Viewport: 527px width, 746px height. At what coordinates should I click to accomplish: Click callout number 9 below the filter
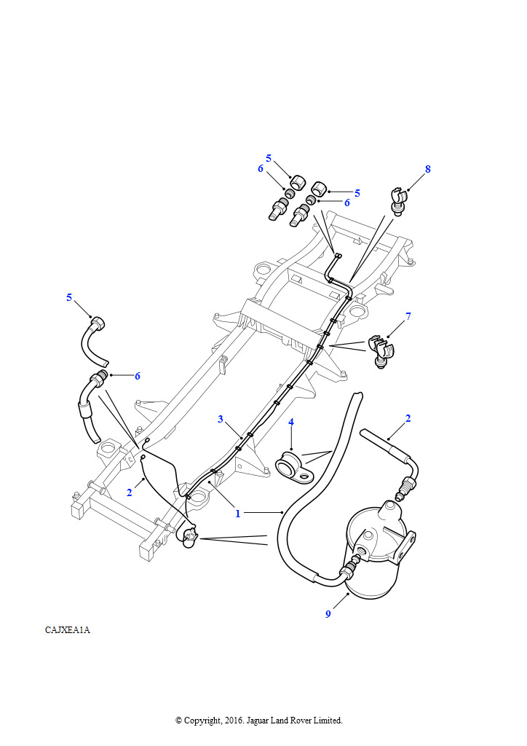(x=328, y=614)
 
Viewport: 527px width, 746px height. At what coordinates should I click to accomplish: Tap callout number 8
(x=428, y=169)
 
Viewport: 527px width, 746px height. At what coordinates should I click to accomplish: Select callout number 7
(x=408, y=316)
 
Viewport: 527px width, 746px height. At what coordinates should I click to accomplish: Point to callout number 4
(x=291, y=422)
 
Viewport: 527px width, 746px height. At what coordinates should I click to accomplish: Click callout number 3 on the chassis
(x=221, y=419)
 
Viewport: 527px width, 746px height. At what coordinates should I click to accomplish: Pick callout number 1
(x=238, y=514)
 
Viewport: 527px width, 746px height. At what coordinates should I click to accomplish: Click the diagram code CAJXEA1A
(x=68, y=630)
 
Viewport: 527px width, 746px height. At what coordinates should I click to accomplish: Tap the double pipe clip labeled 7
(x=381, y=352)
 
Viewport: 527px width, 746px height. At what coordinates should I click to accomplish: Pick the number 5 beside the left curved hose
(x=69, y=297)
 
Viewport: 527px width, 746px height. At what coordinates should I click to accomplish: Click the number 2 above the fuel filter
(x=408, y=419)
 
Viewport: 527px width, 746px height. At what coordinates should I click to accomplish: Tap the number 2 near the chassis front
(x=130, y=492)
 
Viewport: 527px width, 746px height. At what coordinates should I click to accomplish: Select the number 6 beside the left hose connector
(x=138, y=376)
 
